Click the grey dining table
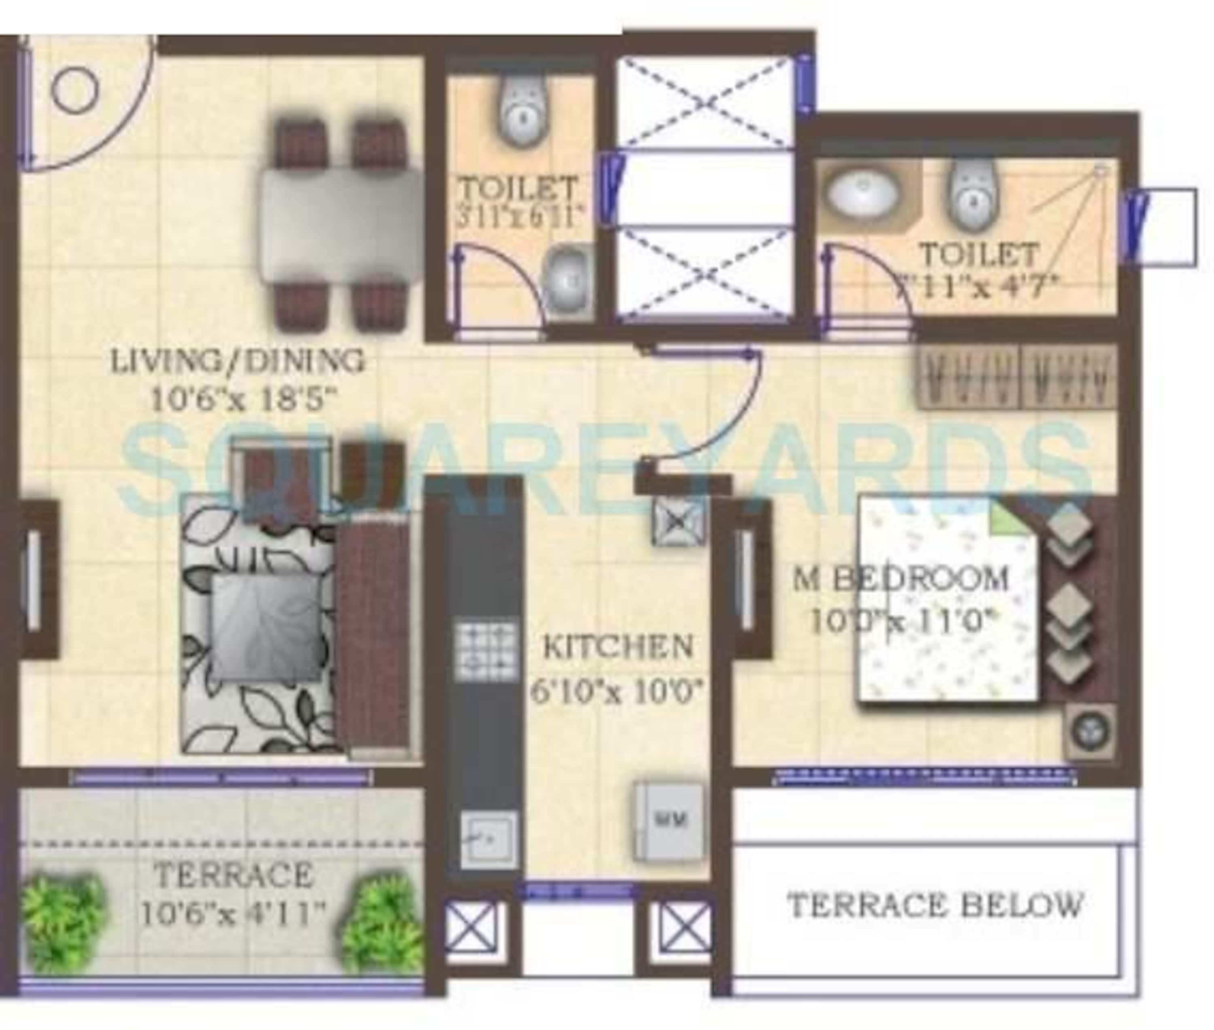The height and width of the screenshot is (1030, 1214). coord(341,225)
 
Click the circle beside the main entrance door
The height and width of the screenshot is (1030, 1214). coord(75,90)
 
